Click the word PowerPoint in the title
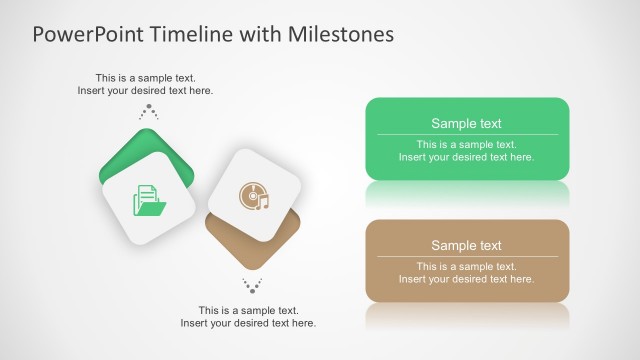(89, 34)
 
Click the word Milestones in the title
(341, 34)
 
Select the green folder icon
(147, 200)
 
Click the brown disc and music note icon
(254, 195)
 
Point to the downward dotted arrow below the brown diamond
(252, 285)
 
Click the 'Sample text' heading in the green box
(466, 124)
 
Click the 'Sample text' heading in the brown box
(466, 246)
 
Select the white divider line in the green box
(466, 135)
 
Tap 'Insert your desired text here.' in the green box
(466, 157)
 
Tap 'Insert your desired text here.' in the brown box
(466, 279)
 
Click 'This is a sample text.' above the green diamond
(145, 77)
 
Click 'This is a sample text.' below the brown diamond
(248, 310)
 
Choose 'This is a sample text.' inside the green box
(466, 144)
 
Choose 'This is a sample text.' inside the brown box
(466, 266)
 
